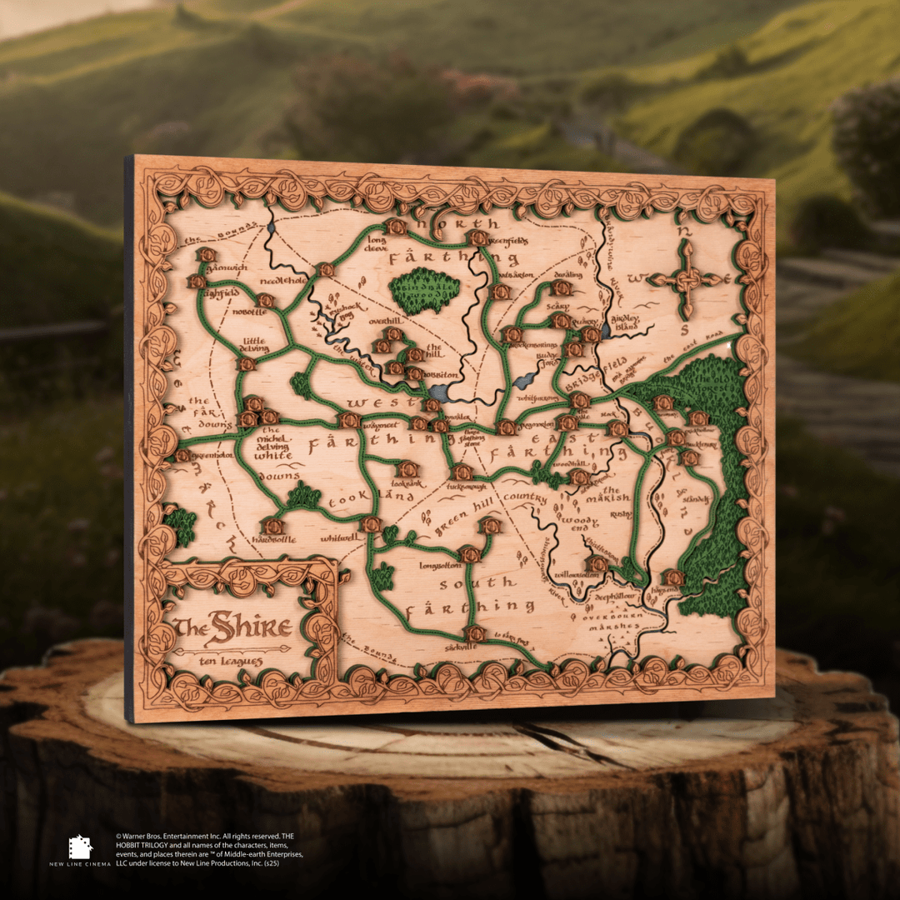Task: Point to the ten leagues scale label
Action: (x=231, y=661)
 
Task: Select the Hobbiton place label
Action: (x=443, y=375)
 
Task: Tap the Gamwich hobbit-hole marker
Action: (x=206, y=255)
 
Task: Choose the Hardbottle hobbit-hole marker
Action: (x=272, y=527)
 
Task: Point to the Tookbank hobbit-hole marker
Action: (x=406, y=469)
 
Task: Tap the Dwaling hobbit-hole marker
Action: (x=562, y=288)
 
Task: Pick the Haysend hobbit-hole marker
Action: (x=673, y=577)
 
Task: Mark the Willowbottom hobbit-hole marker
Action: (x=597, y=564)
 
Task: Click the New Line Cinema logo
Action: (x=80, y=847)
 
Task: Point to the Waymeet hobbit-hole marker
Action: (x=349, y=420)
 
